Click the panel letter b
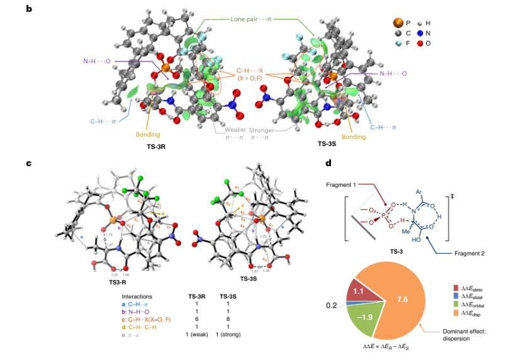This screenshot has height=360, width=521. click(x=29, y=10)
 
